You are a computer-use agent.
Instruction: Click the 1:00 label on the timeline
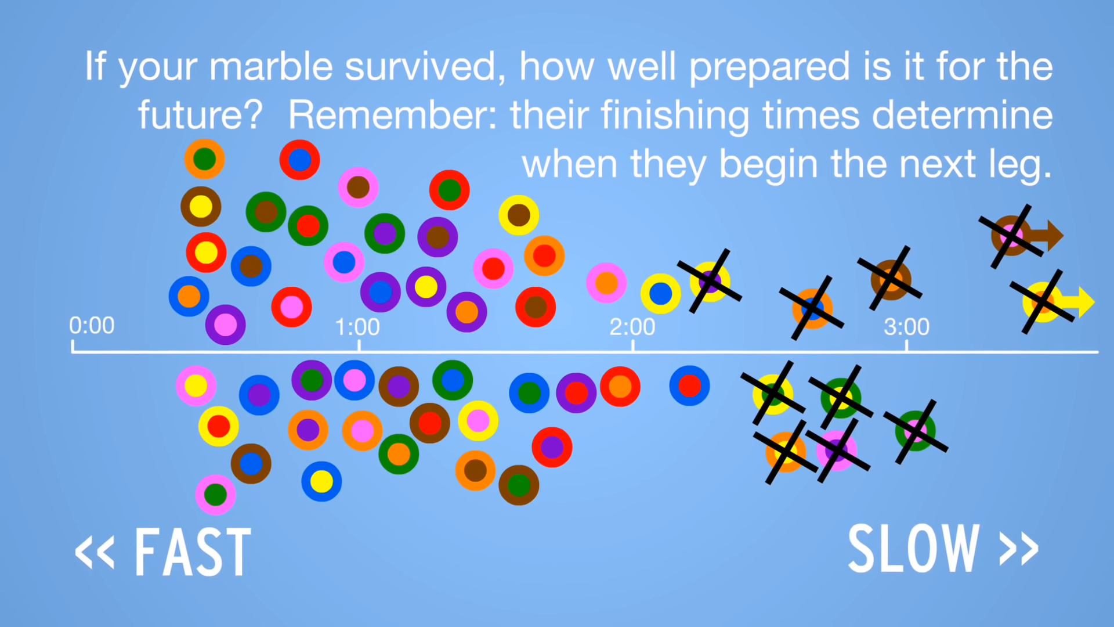(357, 327)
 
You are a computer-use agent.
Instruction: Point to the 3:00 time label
(906, 327)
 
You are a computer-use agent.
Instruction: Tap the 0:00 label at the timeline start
(92, 326)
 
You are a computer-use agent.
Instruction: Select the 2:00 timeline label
(632, 327)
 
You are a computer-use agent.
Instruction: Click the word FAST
(193, 552)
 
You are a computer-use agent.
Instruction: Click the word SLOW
(914, 549)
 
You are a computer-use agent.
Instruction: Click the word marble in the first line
(271, 66)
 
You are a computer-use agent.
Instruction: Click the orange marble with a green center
(204, 159)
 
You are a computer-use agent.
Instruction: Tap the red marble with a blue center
(299, 160)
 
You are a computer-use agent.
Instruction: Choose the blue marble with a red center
(689, 385)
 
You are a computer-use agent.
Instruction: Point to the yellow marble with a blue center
(660, 294)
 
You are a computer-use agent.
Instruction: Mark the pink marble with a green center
(215, 495)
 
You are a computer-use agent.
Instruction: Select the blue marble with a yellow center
(321, 481)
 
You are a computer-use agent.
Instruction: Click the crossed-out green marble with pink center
(916, 431)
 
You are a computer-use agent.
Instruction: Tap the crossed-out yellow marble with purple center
(710, 282)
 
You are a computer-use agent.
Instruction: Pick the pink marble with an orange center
(606, 283)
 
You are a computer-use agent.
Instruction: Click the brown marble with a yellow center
(201, 206)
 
